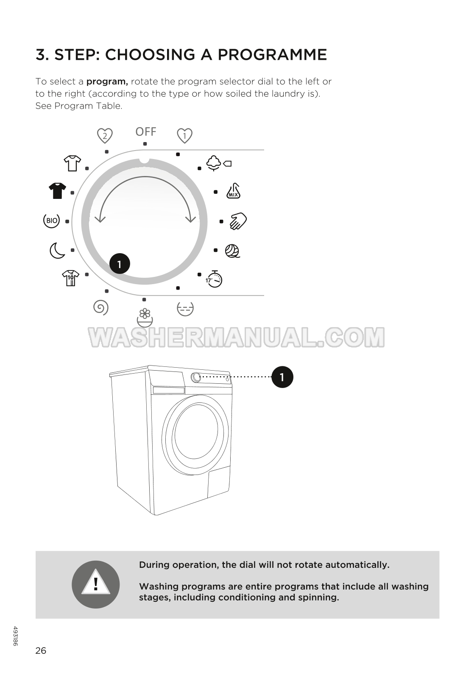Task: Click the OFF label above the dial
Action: pyautogui.click(x=146, y=131)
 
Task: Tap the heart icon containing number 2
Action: pyautogui.click(x=105, y=136)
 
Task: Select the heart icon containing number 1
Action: pyautogui.click(x=184, y=136)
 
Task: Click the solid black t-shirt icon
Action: pyautogui.click(x=57, y=191)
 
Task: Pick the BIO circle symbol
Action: pyautogui.click(x=52, y=221)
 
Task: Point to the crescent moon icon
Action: pyautogui.click(x=57, y=251)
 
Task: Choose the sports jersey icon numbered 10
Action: pyautogui.click(x=70, y=278)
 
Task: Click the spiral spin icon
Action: pyautogui.click(x=101, y=307)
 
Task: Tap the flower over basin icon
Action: pyautogui.click(x=145, y=318)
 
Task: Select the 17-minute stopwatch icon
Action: pyautogui.click(x=214, y=279)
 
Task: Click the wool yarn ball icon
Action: pyautogui.click(x=232, y=251)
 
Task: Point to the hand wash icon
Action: pyautogui.click(x=238, y=221)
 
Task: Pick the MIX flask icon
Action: pyautogui.click(x=233, y=191)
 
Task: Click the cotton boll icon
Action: pyautogui.click(x=219, y=163)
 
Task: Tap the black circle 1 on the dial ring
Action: pyautogui.click(x=120, y=264)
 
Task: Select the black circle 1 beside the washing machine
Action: pyautogui.click(x=282, y=377)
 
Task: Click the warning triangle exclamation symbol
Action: pyautogui.click(x=95, y=584)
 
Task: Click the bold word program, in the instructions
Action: pyautogui.click(x=107, y=82)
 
